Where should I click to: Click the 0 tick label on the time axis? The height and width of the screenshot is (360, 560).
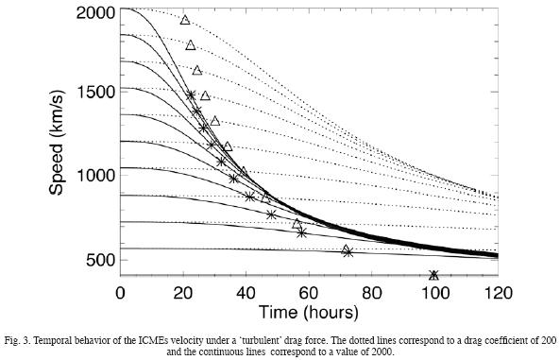click(x=120, y=292)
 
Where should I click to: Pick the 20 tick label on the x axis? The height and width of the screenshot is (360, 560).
click(x=182, y=292)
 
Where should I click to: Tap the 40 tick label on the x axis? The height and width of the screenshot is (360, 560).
click(x=246, y=292)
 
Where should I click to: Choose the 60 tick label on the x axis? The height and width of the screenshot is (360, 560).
click(x=309, y=292)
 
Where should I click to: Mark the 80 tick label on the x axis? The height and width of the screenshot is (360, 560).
click(x=371, y=292)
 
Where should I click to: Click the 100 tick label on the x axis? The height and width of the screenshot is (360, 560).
click(x=433, y=292)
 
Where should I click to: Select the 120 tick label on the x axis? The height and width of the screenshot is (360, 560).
click(x=497, y=292)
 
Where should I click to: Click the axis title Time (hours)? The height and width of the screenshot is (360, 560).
click(x=308, y=312)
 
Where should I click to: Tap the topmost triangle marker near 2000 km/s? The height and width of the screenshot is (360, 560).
click(x=185, y=20)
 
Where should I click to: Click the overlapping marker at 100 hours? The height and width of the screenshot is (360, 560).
click(x=433, y=275)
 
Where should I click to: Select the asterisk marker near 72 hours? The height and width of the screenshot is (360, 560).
click(x=348, y=251)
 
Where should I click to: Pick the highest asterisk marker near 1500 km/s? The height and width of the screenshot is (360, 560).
click(x=191, y=94)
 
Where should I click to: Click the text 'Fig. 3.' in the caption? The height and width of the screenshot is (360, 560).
click(x=20, y=337)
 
